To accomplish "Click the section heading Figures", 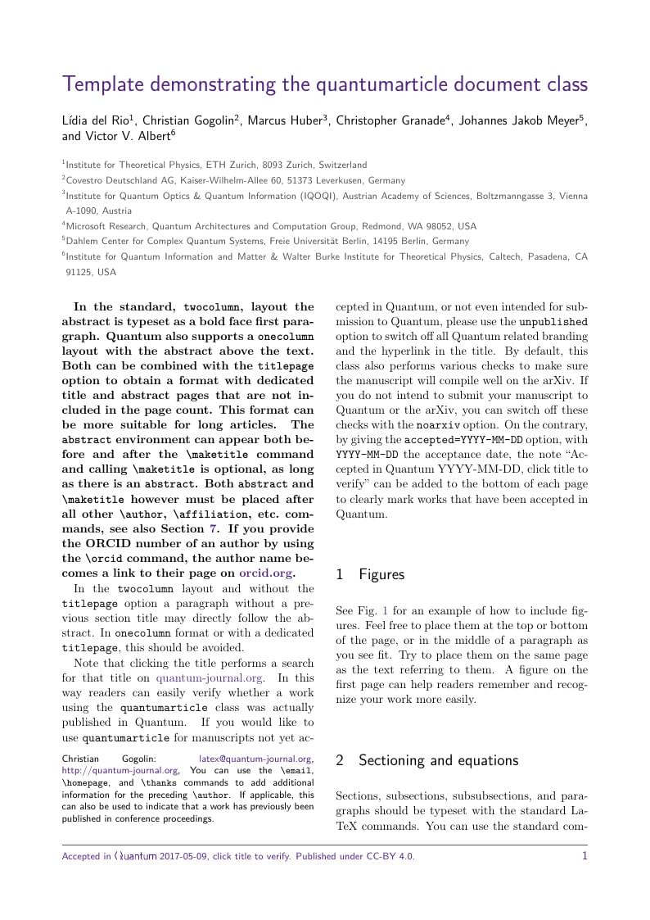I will pyautogui.click(x=381, y=574).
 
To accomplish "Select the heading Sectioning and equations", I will pyautogui.click(x=438, y=760).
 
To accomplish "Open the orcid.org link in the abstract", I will pyautogui.click(x=265, y=573).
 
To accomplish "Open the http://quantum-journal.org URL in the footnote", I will pyautogui.click(x=120, y=770).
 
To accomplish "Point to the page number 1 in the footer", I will pyautogui.click(x=585, y=856).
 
